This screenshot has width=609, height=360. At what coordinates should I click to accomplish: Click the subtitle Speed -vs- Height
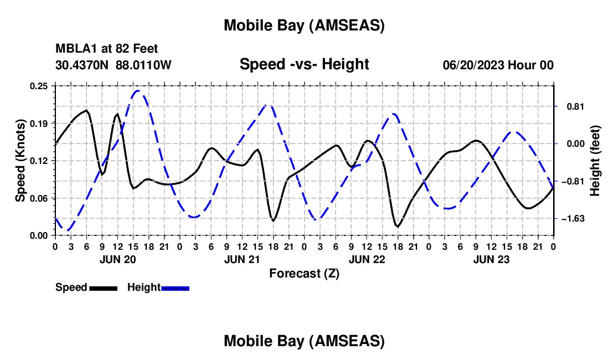click(304, 64)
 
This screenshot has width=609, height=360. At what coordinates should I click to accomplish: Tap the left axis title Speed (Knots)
click(20, 161)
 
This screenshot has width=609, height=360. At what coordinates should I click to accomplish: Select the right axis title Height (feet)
click(595, 161)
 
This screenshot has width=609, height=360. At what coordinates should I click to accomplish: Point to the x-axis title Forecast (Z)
click(304, 273)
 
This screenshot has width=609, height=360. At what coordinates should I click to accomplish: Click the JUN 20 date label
click(117, 259)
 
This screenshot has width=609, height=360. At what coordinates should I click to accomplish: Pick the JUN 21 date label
click(242, 259)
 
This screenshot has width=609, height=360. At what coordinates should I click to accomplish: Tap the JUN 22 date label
click(367, 259)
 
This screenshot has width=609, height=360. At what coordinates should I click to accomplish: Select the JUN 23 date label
click(491, 259)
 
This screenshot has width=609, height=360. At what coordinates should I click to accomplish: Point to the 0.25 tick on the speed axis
click(40, 85)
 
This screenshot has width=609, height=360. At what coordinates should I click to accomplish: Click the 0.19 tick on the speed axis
click(40, 123)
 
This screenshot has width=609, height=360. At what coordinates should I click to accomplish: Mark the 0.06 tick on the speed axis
click(40, 198)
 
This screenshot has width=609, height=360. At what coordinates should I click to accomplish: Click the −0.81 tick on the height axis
click(571, 181)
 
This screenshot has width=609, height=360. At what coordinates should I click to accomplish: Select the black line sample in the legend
click(103, 288)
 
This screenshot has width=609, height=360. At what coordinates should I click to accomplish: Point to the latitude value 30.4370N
click(83, 65)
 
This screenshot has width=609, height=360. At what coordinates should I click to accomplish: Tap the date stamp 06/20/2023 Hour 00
click(498, 65)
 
